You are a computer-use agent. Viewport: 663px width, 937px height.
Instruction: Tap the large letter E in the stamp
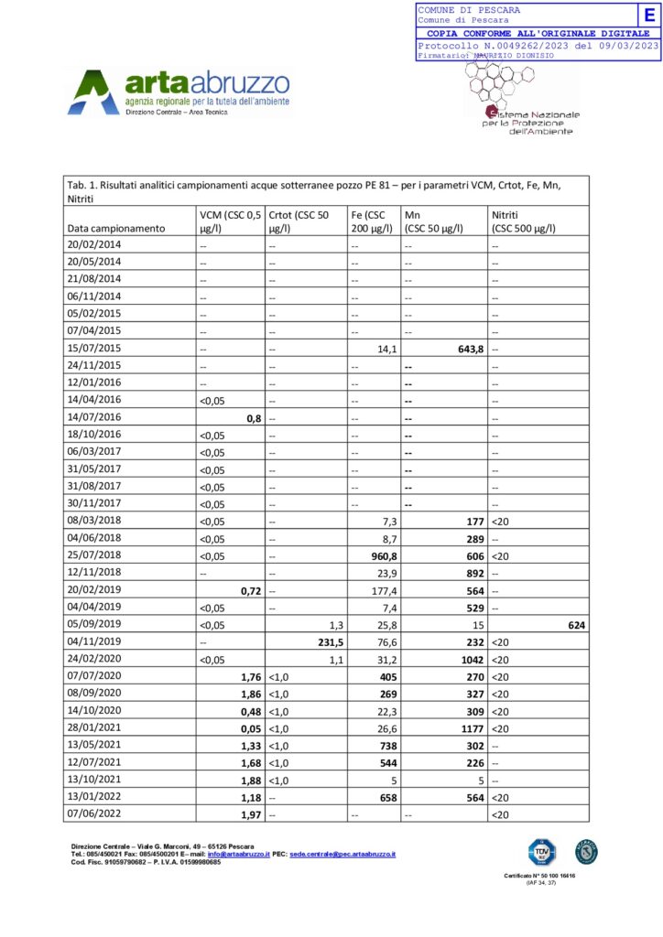[649, 15]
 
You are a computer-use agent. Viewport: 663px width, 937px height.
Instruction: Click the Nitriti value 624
[575, 625]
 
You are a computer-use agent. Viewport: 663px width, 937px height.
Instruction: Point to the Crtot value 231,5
[328, 641]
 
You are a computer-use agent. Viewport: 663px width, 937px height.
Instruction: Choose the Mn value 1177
[467, 728]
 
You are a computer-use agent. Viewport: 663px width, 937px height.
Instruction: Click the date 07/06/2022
[95, 814]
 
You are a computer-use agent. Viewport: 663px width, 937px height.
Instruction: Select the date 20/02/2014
[95, 244]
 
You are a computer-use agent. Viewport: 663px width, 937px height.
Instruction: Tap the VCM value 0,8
[250, 417]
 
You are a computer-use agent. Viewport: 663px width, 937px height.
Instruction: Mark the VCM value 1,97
[245, 814]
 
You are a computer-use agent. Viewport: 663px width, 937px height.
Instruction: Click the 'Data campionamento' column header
[116, 227]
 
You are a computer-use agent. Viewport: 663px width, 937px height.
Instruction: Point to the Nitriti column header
[524, 220]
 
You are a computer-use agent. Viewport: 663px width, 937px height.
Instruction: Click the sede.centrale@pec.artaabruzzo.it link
[342, 854]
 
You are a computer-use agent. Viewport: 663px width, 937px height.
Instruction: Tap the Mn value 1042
[467, 659]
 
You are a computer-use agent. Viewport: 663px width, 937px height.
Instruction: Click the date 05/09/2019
[95, 625]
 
